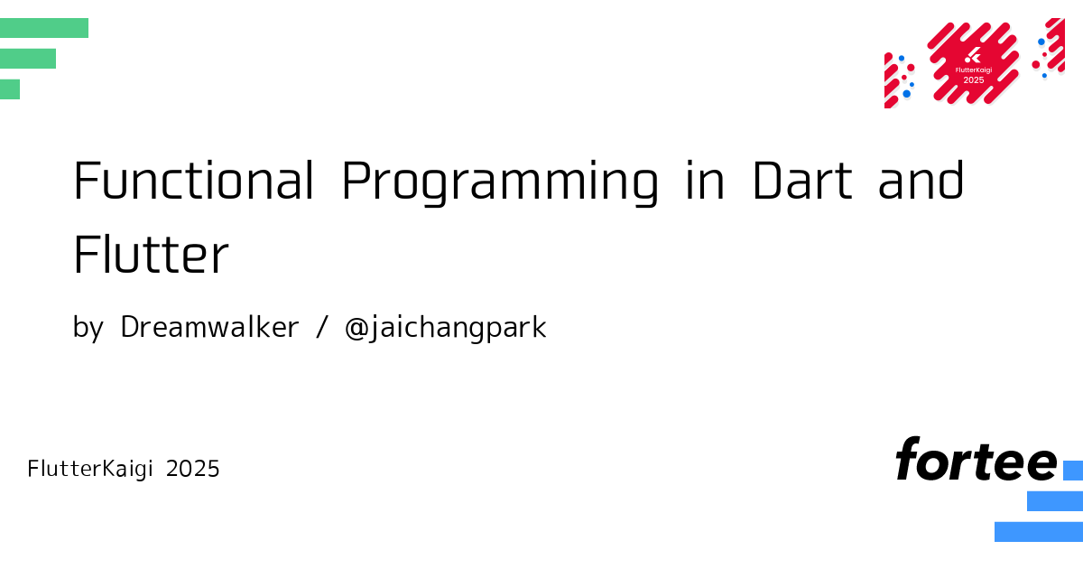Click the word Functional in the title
pyautogui.click(x=193, y=180)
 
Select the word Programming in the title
pyautogui.click(x=500, y=182)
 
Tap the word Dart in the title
pyautogui.click(x=802, y=180)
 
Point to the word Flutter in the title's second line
pyautogui.click(x=151, y=254)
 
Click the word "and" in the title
pyautogui.click(x=921, y=179)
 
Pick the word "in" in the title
pyautogui.click(x=705, y=180)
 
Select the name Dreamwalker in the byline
pyautogui.click(x=209, y=327)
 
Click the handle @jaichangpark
pyautogui.click(x=445, y=329)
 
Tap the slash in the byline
pyautogui.click(x=322, y=328)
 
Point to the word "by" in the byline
pyautogui.click(x=88, y=329)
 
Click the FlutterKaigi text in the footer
pyautogui.click(x=90, y=469)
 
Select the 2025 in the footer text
pyautogui.click(x=192, y=469)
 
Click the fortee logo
pyautogui.click(x=977, y=459)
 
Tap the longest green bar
pyautogui.click(x=44, y=28)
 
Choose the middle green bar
pyautogui.click(x=28, y=59)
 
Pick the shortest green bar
pyautogui.click(x=10, y=89)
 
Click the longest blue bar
pyautogui.click(x=1039, y=532)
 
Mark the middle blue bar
pyautogui.click(x=1055, y=500)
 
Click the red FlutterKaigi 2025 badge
pyautogui.click(x=973, y=63)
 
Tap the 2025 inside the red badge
pyautogui.click(x=974, y=80)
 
